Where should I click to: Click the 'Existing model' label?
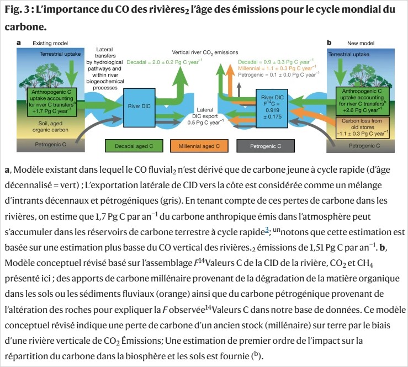pos(47,43)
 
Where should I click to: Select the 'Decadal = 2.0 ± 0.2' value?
pos(161,63)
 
